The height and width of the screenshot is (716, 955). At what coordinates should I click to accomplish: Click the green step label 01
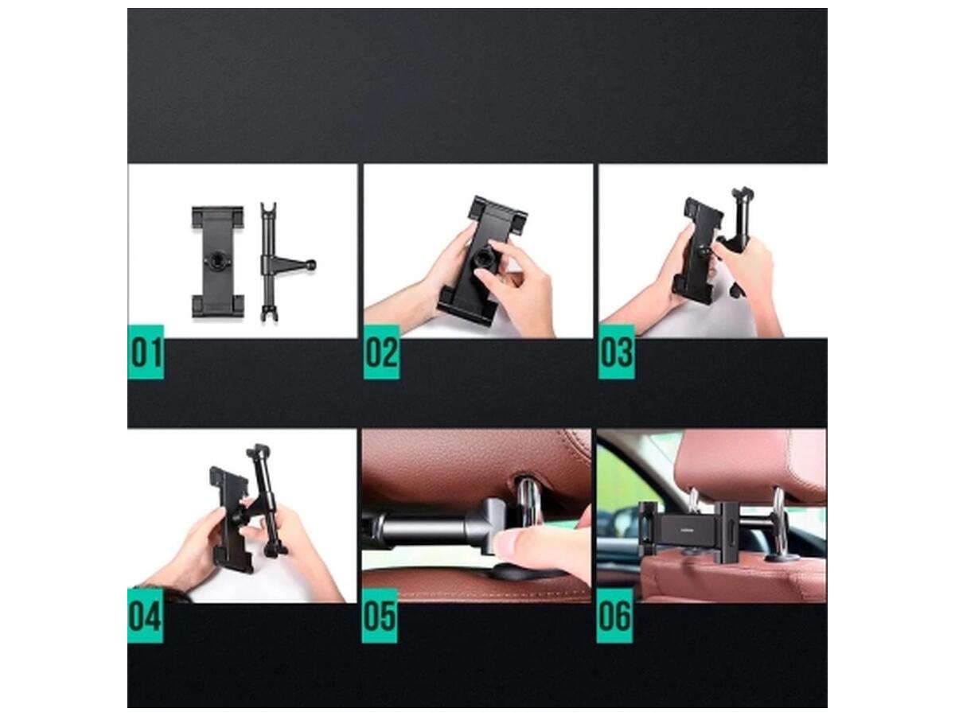[x=146, y=352]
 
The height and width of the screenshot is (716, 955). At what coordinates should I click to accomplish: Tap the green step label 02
[x=381, y=352]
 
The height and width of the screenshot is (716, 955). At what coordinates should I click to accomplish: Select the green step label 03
[x=617, y=352]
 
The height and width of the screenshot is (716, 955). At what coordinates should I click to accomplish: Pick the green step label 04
[x=146, y=616]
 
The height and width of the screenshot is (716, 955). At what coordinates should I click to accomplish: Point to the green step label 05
[x=380, y=616]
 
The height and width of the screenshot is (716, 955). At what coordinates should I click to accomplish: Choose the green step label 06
[x=614, y=616]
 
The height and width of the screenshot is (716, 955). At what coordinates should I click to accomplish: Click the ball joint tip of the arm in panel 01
[x=310, y=264]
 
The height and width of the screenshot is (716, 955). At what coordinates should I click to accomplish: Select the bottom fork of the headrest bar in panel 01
[x=269, y=312]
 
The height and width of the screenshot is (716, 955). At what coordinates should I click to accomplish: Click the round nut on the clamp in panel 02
[x=483, y=260]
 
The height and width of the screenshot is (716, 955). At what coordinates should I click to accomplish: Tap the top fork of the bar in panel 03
[x=743, y=194]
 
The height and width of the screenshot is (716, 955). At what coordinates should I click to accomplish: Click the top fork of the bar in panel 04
[x=259, y=451]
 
